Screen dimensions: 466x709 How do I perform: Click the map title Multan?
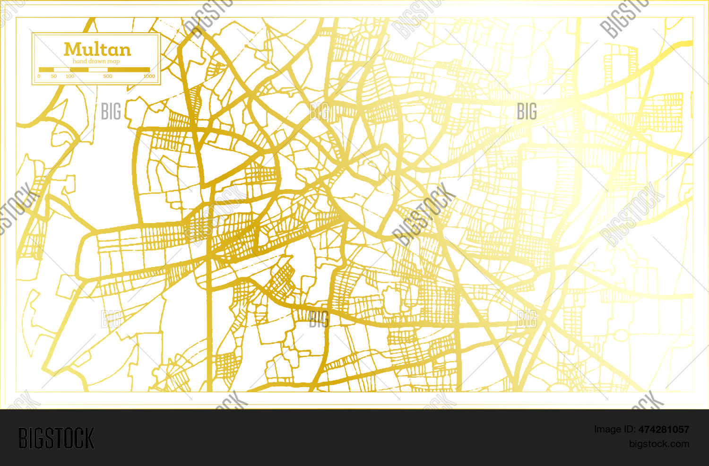click(x=97, y=49)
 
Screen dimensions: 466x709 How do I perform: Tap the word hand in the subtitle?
click(x=80, y=61)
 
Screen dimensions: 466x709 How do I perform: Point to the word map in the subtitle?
click(x=114, y=61)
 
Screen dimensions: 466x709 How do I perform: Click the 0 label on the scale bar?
click(x=39, y=76)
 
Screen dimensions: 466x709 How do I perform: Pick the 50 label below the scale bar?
click(x=53, y=76)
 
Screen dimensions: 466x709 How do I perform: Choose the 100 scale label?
click(x=70, y=76)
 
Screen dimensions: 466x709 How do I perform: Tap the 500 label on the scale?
click(x=108, y=76)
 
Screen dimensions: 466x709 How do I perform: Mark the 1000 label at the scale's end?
click(x=149, y=76)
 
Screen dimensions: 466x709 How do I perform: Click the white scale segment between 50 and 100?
click(x=61, y=69)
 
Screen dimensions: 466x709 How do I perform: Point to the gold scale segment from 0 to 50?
click(x=46, y=69)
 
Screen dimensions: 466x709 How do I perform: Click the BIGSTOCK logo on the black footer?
click(x=56, y=438)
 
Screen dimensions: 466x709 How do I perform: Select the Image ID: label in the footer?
click(x=614, y=430)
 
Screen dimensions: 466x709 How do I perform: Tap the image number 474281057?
click(x=664, y=430)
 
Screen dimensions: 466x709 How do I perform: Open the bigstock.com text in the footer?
click(x=659, y=444)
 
